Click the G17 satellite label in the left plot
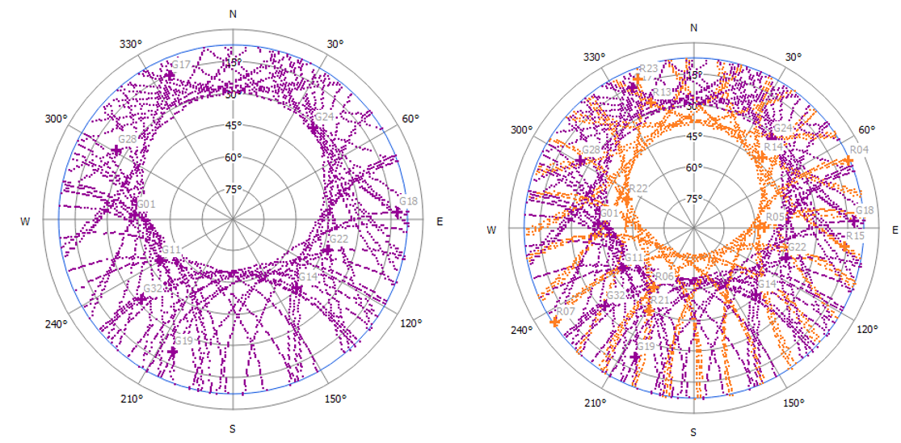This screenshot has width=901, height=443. [x=181, y=65]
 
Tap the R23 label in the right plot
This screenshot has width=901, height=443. [x=648, y=69]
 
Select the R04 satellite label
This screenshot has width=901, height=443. [x=859, y=150]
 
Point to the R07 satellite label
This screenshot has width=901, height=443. [x=565, y=311]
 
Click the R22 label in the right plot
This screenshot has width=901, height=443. [x=638, y=188]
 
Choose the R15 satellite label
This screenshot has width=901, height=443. [x=855, y=235]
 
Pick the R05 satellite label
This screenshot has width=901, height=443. [x=775, y=217]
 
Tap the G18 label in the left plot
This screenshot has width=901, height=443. [x=408, y=201]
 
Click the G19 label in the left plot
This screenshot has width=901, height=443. [x=183, y=341]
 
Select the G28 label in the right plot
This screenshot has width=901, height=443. [x=591, y=150]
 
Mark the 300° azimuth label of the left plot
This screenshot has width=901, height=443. [x=56, y=119]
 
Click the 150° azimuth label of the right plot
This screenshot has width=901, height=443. [x=793, y=403]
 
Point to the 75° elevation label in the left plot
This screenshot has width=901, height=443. [x=233, y=190]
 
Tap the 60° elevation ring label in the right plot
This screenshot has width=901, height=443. [x=693, y=168]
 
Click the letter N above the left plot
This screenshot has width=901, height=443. [x=234, y=14]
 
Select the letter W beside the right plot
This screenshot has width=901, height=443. [x=491, y=230]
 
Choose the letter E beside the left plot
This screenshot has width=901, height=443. [x=440, y=221]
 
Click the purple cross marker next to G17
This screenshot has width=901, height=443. [x=169, y=76]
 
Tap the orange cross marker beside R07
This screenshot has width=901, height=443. [x=555, y=322]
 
